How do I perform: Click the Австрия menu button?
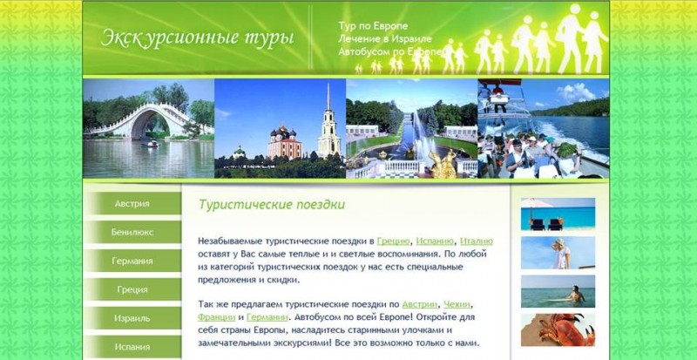coord(132,204)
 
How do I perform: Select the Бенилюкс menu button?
coord(132,232)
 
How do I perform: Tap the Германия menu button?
coord(132,261)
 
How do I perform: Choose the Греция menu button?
coord(132,289)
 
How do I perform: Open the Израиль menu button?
coord(132,318)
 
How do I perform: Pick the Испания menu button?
coord(132,347)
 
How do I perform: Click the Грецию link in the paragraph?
coord(393,241)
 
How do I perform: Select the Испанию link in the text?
coord(435,241)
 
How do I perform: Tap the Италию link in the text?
coord(477,241)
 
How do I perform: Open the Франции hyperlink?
coord(216,318)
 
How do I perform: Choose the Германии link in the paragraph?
coord(267,318)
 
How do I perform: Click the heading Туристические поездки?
coord(272,205)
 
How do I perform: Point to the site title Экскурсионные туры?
coord(198,37)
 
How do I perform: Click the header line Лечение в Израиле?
coord(385,38)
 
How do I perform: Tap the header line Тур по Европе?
coord(373,26)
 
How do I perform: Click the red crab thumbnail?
coord(558,329)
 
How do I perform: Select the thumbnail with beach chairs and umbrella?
coord(558,214)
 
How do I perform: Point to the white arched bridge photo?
coord(148,129)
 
